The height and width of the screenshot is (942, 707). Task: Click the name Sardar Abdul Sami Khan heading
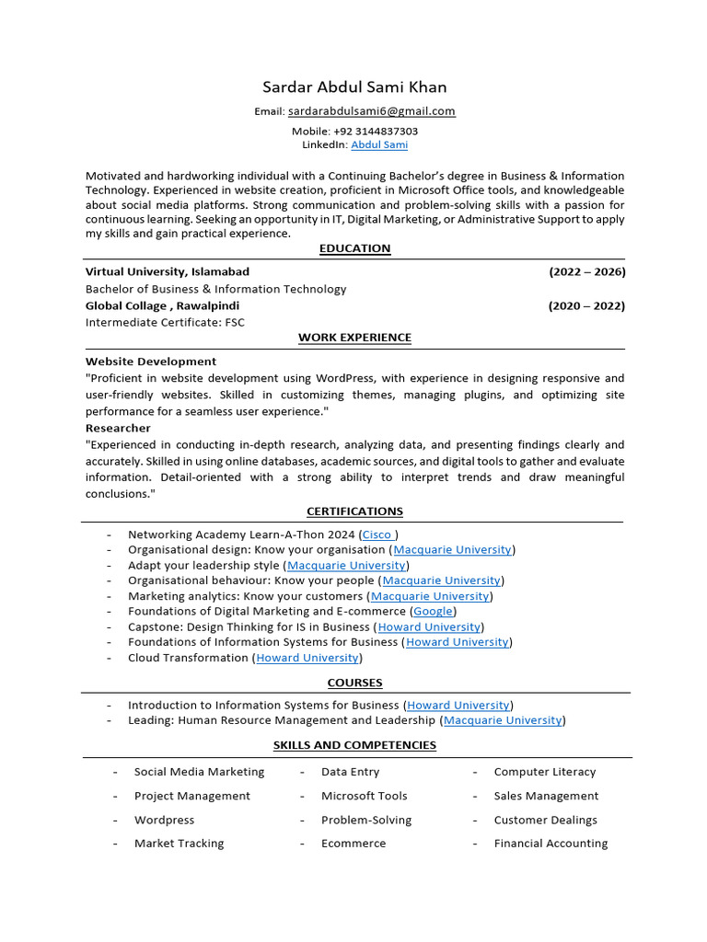(x=354, y=87)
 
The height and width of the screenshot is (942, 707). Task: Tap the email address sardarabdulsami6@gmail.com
(x=371, y=111)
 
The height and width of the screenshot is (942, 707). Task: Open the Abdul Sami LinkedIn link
(x=378, y=145)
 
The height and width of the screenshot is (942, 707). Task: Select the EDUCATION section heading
(x=354, y=248)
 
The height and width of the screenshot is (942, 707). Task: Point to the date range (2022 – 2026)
(x=586, y=272)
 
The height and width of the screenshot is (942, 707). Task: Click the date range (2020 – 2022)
(x=586, y=305)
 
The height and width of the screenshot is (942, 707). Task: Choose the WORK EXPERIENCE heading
(x=354, y=338)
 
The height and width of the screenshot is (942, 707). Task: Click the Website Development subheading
(x=151, y=362)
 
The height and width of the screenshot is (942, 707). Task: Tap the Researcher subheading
(x=118, y=428)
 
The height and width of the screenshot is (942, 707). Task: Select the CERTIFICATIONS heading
(x=354, y=511)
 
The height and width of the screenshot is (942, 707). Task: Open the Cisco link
(x=377, y=534)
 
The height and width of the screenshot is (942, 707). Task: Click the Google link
(x=433, y=611)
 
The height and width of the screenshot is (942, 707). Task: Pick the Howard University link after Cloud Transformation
(x=307, y=658)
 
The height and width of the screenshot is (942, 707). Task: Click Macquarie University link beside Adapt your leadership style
(x=346, y=566)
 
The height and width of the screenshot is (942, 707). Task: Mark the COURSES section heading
(x=354, y=683)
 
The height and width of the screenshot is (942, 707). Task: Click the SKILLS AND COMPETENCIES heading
(x=354, y=745)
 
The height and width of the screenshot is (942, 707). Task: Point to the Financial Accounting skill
(x=551, y=844)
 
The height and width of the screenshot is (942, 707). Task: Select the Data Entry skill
(x=350, y=772)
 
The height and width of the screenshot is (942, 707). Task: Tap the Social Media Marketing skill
(x=199, y=772)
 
